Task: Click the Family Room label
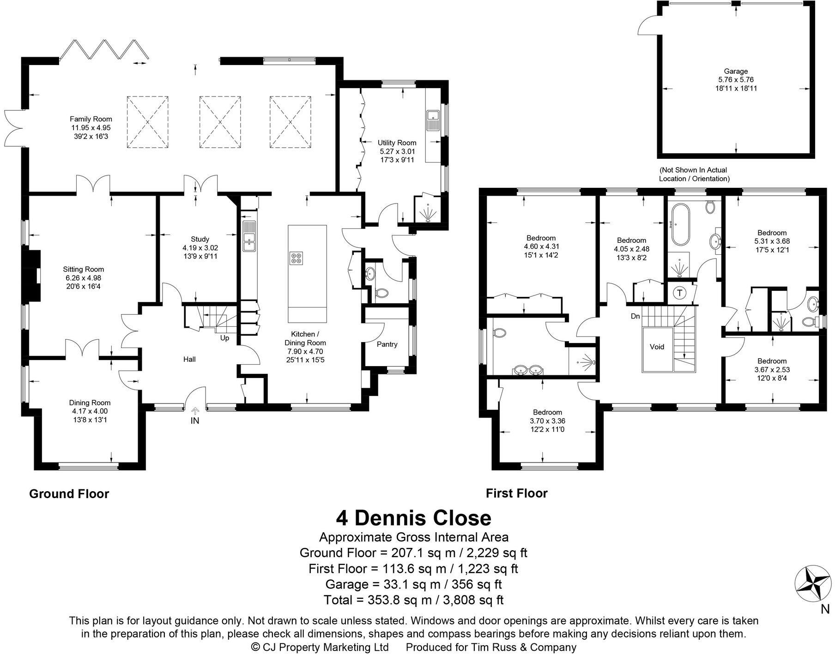tap(91, 119)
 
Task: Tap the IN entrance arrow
tap(195, 410)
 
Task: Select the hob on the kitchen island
tap(296, 258)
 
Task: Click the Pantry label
tap(387, 344)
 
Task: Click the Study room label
tap(200, 239)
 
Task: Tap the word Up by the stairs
tap(224, 338)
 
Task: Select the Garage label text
tap(736, 71)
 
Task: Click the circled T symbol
tap(680, 293)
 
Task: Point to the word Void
tap(657, 346)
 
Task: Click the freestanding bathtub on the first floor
tap(679, 225)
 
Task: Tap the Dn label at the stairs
tap(635, 316)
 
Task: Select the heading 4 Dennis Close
tap(413, 518)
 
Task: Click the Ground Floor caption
tap(69, 494)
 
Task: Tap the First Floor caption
tap(516, 493)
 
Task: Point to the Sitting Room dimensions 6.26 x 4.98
tap(83, 278)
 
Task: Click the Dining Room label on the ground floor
tap(90, 403)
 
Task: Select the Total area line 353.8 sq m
tap(413, 600)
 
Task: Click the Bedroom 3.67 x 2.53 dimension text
tap(772, 370)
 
